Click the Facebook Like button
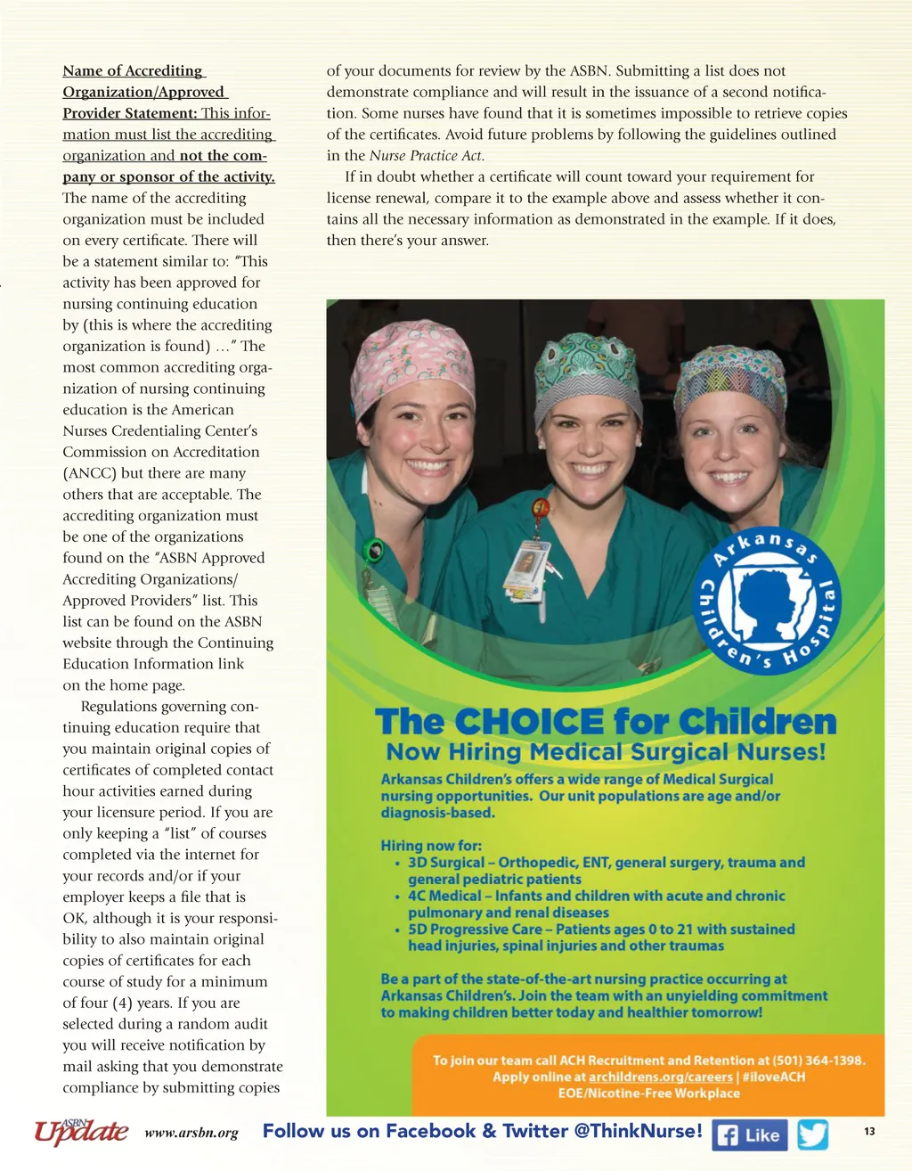(x=749, y=1135)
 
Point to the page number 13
(x=869, y=1131)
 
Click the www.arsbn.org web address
(x=191, y=1134)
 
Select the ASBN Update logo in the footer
(x=81, y=1131)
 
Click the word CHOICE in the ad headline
(x=527, y=722)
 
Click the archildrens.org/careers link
(x=660, y=1077)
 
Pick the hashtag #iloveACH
(x=773, y=1077)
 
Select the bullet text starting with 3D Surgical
(x=606, y=871)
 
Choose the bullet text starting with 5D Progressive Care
(x=601, y=937)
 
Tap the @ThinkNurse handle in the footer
(x=638, y=1131)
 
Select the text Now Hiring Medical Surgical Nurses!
(x=606, y=752)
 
